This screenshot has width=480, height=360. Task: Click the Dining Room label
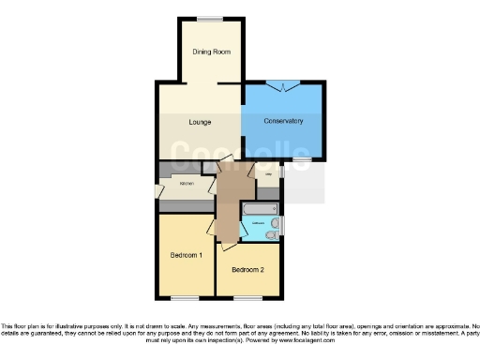tap(211, 52)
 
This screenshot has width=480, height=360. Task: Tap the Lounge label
tap(199, 122)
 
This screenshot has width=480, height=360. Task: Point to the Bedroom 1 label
tap(187, 255)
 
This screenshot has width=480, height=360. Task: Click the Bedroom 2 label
tap(248, 270)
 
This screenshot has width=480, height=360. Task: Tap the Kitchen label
tap(187, 184)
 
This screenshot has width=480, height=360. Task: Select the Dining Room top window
tap(211, 18)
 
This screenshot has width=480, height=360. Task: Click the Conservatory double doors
tap(282, 86)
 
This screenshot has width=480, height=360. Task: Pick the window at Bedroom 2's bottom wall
tap(247, 298)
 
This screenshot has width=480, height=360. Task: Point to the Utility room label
tap(268, 174)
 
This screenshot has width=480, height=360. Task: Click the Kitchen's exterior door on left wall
tap(157, 192)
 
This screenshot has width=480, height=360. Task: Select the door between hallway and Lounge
tap(225, 164)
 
